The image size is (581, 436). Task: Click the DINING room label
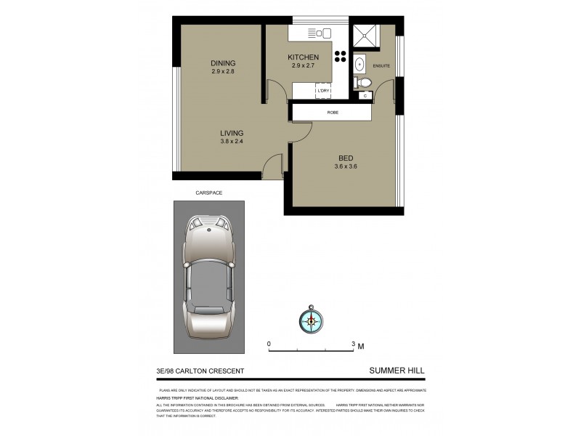tap(223, 62)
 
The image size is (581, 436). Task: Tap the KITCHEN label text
tap(303, 57)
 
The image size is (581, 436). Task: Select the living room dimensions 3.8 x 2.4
tap(232, 142)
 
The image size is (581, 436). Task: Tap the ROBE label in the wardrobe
tap(333, 113)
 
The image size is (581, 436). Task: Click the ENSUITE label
tap(381, 66)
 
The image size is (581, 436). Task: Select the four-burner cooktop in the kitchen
tap(340, 58)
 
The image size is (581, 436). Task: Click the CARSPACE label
tap(208, 193)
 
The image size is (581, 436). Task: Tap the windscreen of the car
tap(208, 250)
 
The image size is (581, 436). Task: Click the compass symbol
tap(310, 320)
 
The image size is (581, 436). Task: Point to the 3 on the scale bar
tap(353, 344)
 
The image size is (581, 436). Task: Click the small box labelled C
tap(365, 95)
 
